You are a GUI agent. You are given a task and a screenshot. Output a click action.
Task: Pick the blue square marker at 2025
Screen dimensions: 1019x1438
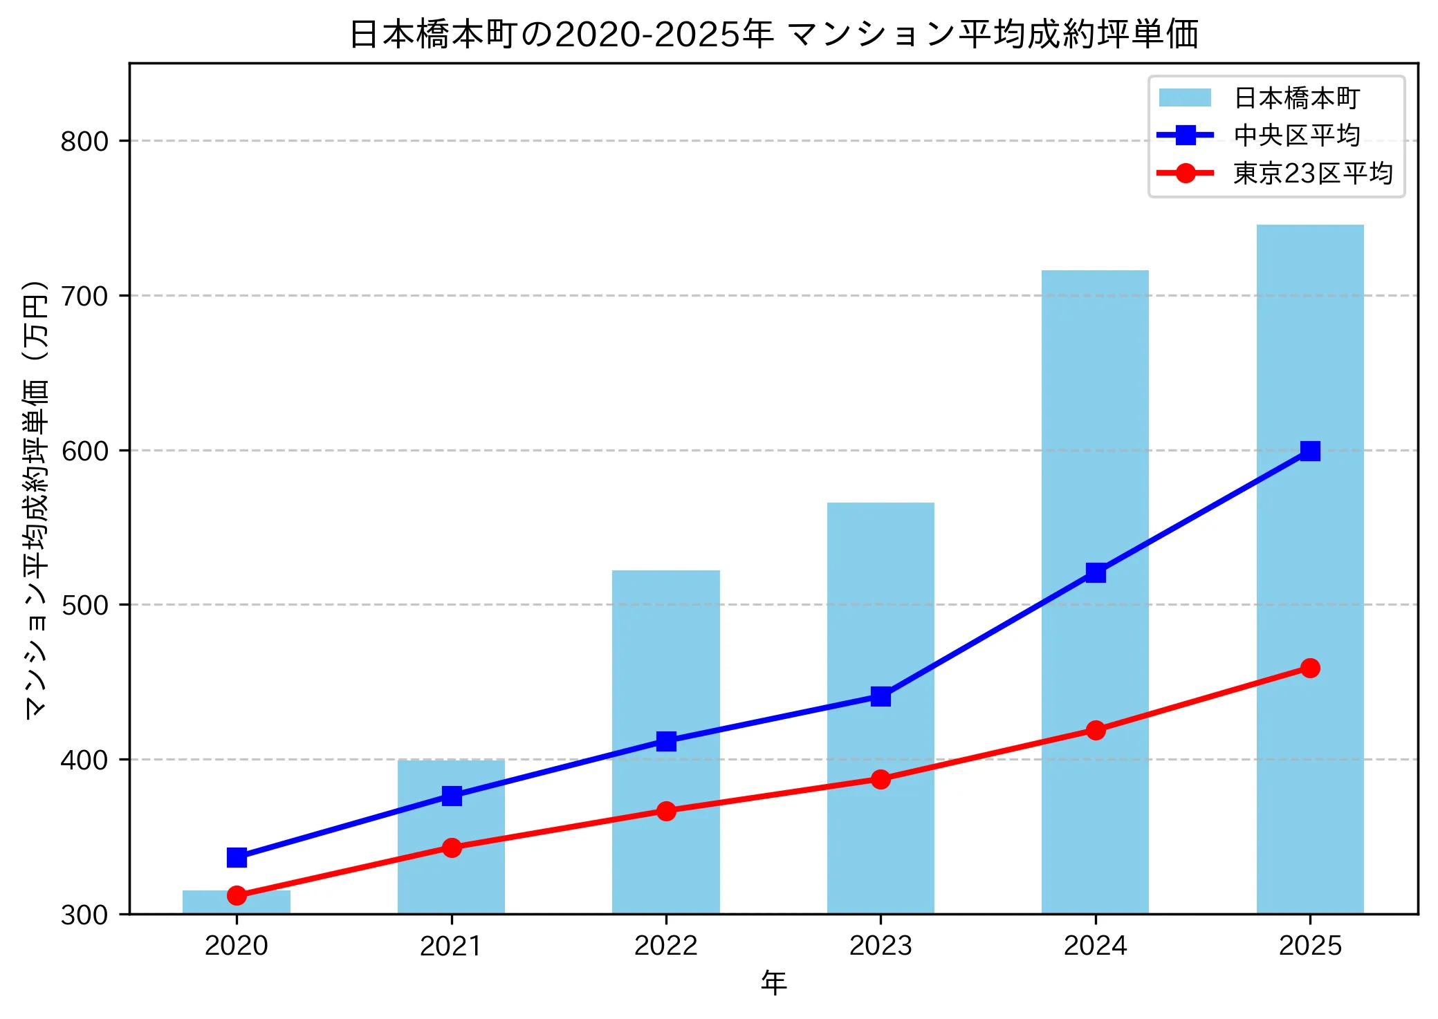click(x=1309, y=451)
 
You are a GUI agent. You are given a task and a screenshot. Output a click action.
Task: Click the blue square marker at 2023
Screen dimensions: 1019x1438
click(x=881, y=696)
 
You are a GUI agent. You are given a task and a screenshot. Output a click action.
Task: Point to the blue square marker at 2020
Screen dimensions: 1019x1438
click(x=237, y=857)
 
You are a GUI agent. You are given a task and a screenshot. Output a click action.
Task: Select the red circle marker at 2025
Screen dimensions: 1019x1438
click(x=1309, y=668)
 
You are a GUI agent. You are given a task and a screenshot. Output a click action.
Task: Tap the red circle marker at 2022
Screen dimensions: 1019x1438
click(x=665, y=811)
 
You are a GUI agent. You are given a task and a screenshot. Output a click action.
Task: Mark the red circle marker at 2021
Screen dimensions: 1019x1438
click(x=452, y=848)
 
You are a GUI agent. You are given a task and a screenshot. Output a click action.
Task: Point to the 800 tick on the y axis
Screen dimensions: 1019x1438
click(x=84, y=141)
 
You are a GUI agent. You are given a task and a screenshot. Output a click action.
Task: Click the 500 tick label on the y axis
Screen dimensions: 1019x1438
click(x=84, y=605)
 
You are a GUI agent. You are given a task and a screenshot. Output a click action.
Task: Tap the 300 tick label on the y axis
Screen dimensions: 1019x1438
click(x=84, y=915)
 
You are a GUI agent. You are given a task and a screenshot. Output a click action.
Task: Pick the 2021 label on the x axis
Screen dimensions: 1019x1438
click(x=452, y=946)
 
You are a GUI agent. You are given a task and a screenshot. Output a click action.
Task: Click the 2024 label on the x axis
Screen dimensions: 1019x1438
click(x=1095, y=946)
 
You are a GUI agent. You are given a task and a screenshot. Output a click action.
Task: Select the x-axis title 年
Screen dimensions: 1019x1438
click(x=773, y=983)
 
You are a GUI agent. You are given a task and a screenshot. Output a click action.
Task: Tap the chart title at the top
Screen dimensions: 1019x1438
click(x=773, y=35)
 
